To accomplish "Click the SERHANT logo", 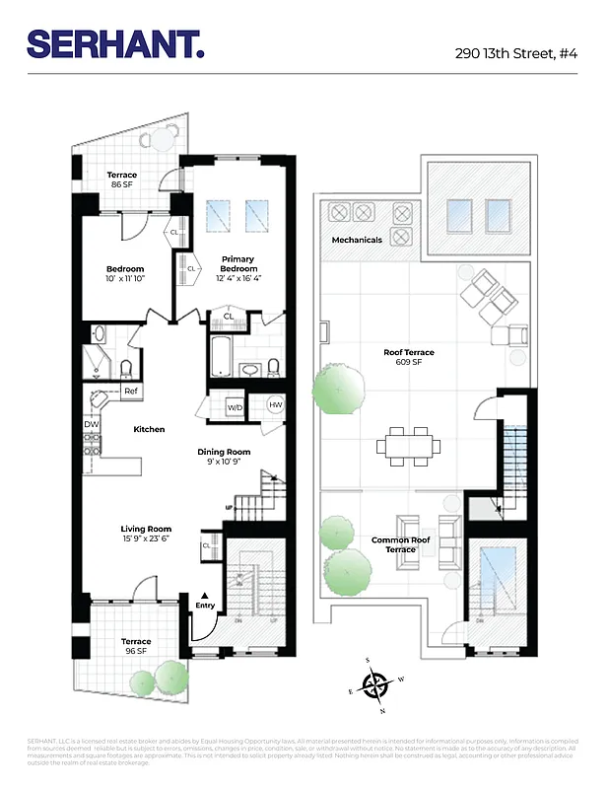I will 115,43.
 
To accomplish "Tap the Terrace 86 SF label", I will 122,179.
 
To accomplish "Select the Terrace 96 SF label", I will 136,646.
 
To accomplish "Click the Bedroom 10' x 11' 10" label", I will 125,274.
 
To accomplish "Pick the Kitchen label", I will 150,429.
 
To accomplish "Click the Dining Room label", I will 229,457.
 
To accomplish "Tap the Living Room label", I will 146,534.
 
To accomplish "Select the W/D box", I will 236,406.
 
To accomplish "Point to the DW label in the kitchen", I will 91,424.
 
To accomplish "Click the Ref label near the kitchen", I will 130,392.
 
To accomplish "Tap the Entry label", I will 204,606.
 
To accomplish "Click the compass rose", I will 374,683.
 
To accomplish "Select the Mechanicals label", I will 357,240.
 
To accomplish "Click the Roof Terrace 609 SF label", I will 408,357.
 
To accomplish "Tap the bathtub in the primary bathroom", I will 221,355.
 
